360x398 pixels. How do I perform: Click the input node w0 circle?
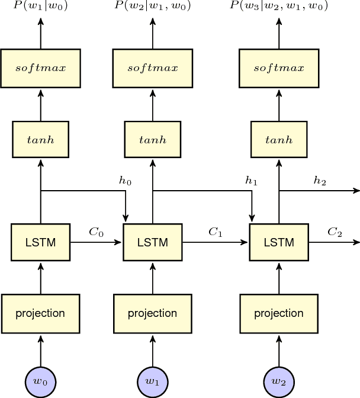tap(40, 381)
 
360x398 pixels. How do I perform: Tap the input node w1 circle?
tap(153, 381)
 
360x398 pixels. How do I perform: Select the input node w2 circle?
tap(278, 381)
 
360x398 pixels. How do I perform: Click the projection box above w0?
tap(40, 313)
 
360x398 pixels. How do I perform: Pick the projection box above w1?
tap(153, 313)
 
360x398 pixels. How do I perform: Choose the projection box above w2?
tap(278, 313)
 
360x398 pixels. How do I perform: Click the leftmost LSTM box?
tap(40, 242)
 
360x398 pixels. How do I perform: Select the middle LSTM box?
tap(153, 242)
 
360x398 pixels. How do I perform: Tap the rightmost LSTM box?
tap(278, 242)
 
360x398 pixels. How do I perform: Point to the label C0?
tap(96, 232)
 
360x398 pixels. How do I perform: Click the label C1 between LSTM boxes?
tap(215, 232)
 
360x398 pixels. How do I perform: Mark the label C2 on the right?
tap(335, 232)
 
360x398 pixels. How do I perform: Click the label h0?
tap(125, 181)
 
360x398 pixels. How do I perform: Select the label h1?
tap(251, 181)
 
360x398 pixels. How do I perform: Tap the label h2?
tap(320, 181)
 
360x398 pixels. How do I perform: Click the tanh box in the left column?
tap(40, 140)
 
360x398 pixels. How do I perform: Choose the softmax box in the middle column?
tap(153, 67)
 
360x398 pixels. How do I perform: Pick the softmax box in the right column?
tap(278, 67)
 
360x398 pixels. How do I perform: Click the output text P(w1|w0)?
tap(40, 7)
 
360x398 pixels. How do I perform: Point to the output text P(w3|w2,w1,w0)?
tap(278, 7)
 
